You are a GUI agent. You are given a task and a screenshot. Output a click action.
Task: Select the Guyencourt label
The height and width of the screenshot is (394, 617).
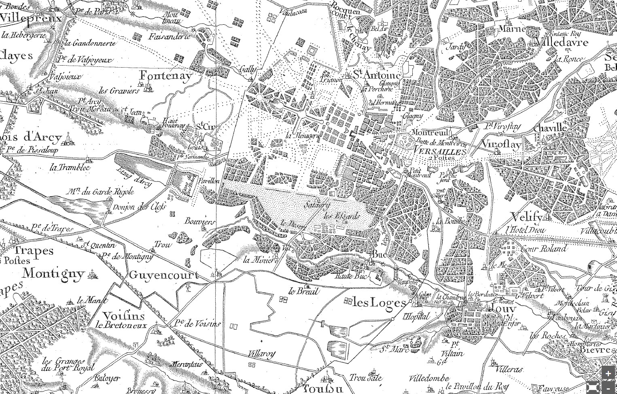(x=163, y=275)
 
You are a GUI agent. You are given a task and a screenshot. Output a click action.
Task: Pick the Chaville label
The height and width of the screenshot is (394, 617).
(x=550, y=128)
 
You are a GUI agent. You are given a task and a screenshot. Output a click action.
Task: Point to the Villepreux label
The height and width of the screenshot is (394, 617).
(x=31, y=18)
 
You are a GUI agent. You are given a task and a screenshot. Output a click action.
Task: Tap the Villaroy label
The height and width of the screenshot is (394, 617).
(x=262, y=354)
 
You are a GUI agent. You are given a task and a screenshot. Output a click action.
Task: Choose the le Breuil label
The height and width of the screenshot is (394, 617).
(x=303, y=291)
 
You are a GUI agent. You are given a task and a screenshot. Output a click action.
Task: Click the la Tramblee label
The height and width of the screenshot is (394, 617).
(x=70, y=167)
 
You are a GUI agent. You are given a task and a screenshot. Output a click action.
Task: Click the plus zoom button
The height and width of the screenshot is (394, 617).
(x=608, y=373)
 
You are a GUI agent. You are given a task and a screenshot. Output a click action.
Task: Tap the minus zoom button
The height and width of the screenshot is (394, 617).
(x=608, y=387)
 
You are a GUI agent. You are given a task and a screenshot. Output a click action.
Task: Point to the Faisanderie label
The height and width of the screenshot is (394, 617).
(x=169, y=36)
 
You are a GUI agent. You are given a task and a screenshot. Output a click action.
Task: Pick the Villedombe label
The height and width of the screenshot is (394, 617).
(x=429, y=379)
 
